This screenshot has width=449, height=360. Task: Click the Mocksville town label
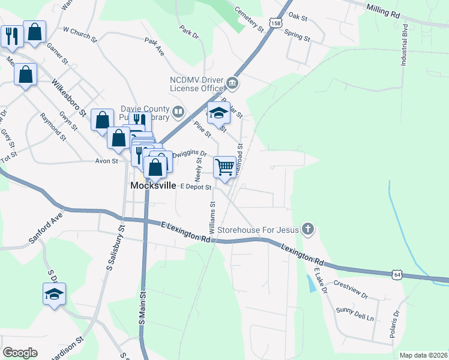(x=154, y=186)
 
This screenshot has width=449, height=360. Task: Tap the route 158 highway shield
(x=276, y=23)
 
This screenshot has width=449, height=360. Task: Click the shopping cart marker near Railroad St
(x=224, y=166)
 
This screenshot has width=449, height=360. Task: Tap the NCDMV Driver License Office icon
(x=232, y=83)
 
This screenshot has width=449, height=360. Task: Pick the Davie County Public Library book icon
(x=178, y=112)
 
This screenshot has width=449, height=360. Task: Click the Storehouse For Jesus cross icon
(x=308, y=229)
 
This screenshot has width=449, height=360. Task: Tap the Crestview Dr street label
(x=350, y=290)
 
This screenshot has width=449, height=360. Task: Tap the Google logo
(x=20, y=353)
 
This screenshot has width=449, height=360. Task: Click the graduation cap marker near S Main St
(x=54, y=294)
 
